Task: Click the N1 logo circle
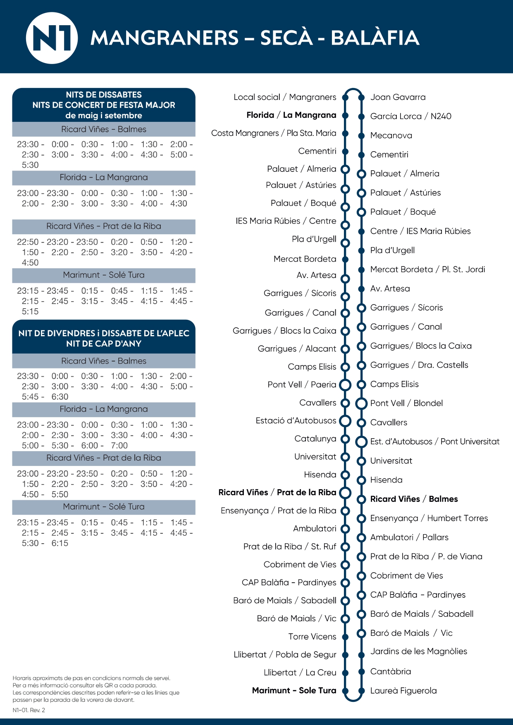(52, 38)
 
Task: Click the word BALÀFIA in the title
(375, 38)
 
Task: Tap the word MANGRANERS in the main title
(165, 38)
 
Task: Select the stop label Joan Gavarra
(398, 97)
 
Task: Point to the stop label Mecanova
(391, 135)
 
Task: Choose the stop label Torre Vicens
(312, 637)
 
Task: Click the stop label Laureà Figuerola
(403, 691)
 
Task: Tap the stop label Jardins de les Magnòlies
(419, 651)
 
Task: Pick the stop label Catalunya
(315, 439)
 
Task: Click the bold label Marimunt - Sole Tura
(294, 690)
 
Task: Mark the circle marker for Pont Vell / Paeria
(345, 385)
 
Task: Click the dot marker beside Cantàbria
(361, 672)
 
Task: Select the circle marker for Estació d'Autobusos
(345, 421)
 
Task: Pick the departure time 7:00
(119, 446)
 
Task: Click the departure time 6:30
(60, 397)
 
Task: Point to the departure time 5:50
(60, 494)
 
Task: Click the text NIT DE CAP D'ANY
(104, 344)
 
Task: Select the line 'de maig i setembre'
(104, 116)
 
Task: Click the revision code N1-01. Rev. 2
(29, 710)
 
